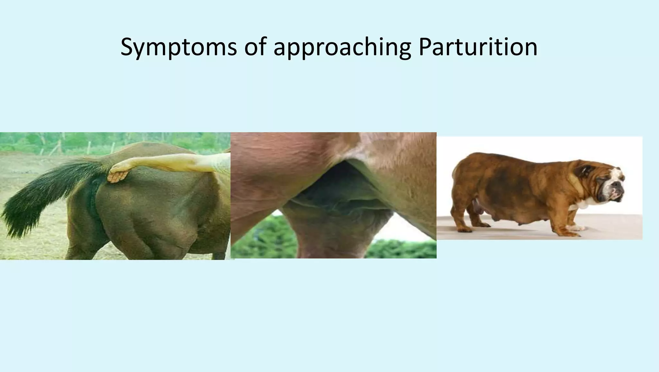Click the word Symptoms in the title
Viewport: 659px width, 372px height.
click(179, 47)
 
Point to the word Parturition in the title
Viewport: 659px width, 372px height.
click(478, 47)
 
